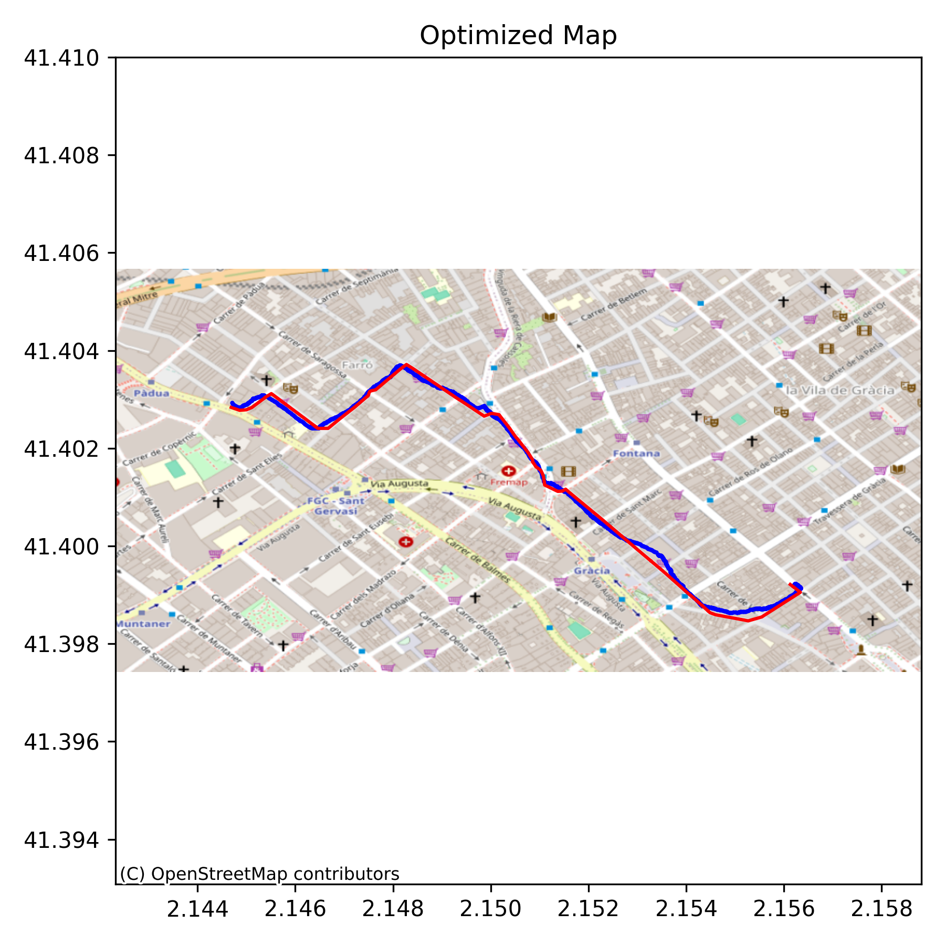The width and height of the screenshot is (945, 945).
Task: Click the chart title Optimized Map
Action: [518, 36]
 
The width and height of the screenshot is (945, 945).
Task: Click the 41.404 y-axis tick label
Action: [61, 351]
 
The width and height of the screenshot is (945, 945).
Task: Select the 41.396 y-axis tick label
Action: [61, 742]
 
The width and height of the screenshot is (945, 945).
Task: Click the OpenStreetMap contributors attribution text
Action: [259, 874]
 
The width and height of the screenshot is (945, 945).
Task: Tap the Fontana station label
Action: [636, 453]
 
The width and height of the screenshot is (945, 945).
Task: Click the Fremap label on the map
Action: [508, 481]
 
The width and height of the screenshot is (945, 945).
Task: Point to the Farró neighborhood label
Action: [357, 365]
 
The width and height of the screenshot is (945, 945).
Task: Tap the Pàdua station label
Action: [151, 393]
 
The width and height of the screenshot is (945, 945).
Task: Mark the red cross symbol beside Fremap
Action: [508, 471]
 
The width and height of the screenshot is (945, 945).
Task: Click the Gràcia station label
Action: [592, 571]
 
